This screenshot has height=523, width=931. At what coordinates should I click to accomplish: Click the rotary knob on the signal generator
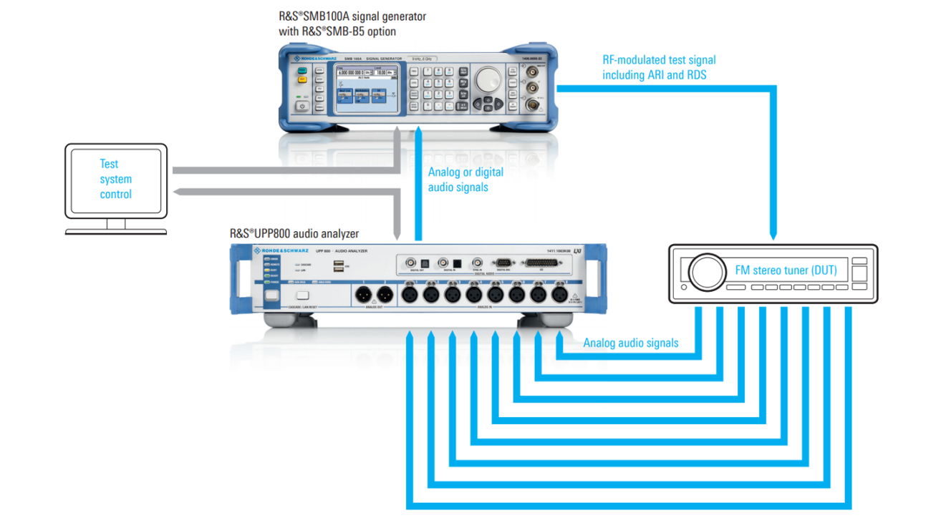(x=488, y=79)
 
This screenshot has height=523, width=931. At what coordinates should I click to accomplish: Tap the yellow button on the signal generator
(x=302, y=80)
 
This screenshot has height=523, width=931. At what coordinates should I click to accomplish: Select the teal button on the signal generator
(x=302, y=69)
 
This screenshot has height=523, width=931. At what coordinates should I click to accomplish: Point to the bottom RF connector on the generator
(x=532, y=105)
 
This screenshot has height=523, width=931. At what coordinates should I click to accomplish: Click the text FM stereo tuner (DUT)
(x=786, y=270)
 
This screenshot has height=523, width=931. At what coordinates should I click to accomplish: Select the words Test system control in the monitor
(x=115, y=179)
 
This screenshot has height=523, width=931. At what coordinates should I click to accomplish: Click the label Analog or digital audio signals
(x=465, y=180)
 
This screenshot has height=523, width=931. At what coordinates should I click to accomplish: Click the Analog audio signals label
(x=630, y=343)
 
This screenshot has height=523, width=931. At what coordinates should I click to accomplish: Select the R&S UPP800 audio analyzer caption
(x=294, y=233)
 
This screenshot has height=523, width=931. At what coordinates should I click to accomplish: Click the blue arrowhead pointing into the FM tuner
(x=773, y=235)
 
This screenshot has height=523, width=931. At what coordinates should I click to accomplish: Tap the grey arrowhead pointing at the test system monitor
(x=180, y=191)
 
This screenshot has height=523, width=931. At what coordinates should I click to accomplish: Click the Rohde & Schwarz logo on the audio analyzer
(x=281, y=250)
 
